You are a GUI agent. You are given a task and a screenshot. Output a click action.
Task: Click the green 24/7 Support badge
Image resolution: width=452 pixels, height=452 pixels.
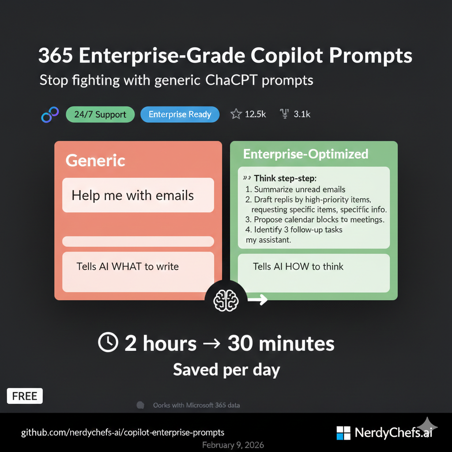tap(100, 114)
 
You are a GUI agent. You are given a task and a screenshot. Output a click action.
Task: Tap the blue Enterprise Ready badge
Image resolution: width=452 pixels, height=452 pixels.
tap(180, 114)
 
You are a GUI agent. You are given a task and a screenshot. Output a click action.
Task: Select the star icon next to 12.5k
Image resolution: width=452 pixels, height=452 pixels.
tap(236, 114)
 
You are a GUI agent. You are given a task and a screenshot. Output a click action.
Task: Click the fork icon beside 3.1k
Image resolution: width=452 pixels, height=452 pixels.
tap(285, 114)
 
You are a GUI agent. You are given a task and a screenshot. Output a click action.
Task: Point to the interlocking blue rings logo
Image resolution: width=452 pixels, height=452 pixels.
tap(50, 114)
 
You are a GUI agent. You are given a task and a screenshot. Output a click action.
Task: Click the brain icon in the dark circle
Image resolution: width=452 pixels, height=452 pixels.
tap(226, 301)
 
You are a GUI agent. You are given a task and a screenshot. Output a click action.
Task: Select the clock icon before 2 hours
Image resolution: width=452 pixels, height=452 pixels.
tap(108, 343)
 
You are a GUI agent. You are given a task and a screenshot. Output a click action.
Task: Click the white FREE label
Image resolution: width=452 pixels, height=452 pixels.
tap(25, 396)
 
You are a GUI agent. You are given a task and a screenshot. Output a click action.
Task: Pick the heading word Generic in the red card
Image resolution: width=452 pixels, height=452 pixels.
tap(95, 160)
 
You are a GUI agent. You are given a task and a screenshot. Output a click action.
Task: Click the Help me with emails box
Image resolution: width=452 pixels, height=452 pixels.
tap(138, 195)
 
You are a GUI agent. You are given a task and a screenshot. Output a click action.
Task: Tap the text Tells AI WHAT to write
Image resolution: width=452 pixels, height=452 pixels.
tap(128, 266)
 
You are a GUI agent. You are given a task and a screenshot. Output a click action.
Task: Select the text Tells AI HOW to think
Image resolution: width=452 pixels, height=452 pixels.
tap(298, 266)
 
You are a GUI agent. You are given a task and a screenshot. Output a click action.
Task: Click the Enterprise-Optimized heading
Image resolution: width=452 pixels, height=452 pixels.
tap(306, 154)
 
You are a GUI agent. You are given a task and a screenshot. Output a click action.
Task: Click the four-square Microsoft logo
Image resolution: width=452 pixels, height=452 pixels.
tap(343, 433)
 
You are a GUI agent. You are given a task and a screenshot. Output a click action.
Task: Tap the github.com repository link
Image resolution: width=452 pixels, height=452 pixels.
tap(123, 432)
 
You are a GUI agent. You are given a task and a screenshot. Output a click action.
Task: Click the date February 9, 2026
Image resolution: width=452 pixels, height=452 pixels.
tap(233, 444)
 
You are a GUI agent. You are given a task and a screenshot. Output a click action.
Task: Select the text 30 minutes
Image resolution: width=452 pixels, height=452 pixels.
tap(281, 343)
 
